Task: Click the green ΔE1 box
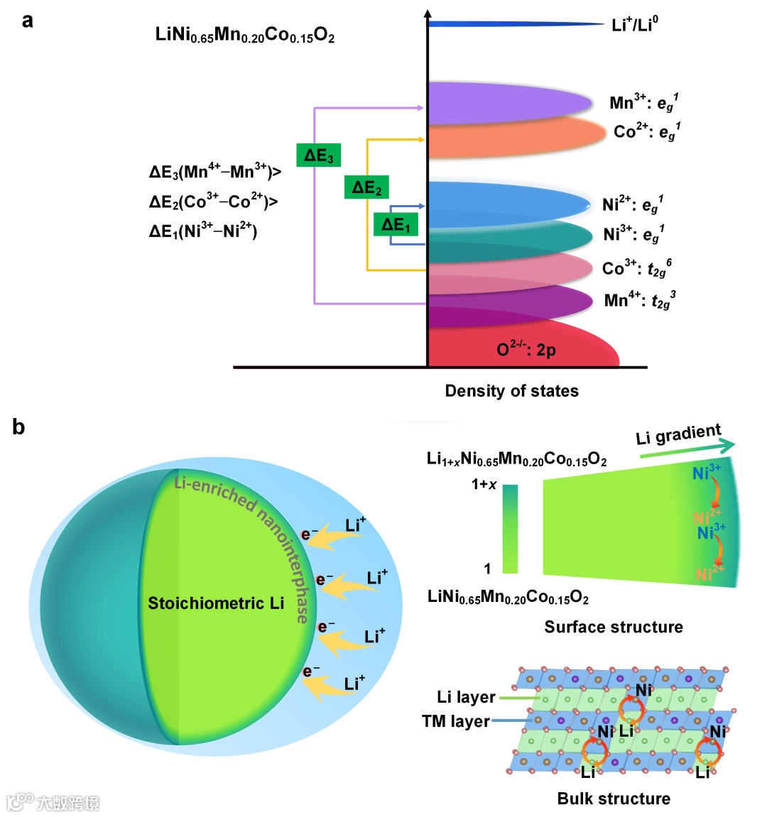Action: click(x=396, y=225)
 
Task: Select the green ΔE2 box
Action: click(x=366, y=187)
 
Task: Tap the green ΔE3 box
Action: click(x=318, y=155)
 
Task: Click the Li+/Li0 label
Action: click(x=635, y=25)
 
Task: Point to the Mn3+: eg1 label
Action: click(x=643, y=103)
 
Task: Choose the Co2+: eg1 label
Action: click(x=647, y=132)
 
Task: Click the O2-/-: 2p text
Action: click(x=526, y=349)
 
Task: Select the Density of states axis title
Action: click(x=511, y=391)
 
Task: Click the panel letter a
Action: click(x=27, y=20)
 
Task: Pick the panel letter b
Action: click(x=18, y=427)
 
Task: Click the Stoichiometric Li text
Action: click(x=216, y=603)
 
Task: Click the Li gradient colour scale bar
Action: click(x=510, y=529)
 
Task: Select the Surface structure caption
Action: click(x=614, y=627)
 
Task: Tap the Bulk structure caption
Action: click(x=614, y=799)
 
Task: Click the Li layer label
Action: click(x=466, y=697)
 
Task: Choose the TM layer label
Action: click(x=456, y=722)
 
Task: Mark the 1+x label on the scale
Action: click(x=484, y=485)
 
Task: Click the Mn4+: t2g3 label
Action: click(x=639, y=300)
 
